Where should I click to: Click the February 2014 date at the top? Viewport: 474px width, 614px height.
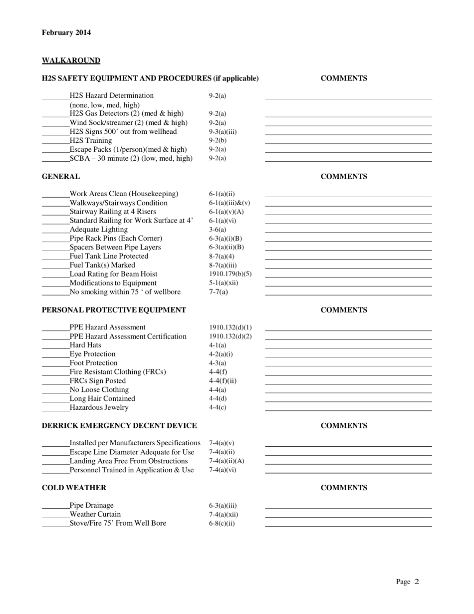(x=66, y=33)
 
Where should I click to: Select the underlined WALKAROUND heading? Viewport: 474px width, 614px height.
(x=71, y=60)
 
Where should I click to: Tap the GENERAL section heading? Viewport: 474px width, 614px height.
(x=61, y=177)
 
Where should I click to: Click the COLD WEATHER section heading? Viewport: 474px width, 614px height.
(x=74, y=488)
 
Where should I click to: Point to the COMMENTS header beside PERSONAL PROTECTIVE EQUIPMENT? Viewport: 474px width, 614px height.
(x=344, y=310)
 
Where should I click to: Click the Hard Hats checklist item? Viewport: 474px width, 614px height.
(x=85, y=345)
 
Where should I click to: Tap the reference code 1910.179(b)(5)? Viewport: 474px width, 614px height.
(x=230, y=274)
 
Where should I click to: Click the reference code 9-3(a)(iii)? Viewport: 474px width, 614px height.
(x=223, y=132)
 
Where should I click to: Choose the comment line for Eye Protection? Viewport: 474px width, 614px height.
(x=348, y=357)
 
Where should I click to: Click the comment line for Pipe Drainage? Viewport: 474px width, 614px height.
(x=348, y=508)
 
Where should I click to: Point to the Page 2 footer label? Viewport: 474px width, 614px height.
(x=408, y=582)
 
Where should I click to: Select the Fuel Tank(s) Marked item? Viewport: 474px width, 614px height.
(x=102, y=265)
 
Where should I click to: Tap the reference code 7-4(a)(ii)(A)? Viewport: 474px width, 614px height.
(x=227, y=461)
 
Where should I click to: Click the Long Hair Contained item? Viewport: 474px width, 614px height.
(x=102, y=399)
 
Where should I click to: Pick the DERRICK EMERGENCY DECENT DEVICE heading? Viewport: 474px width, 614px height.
(x=119, y=426)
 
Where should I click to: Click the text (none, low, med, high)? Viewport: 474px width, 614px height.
(x=105, y=105)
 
